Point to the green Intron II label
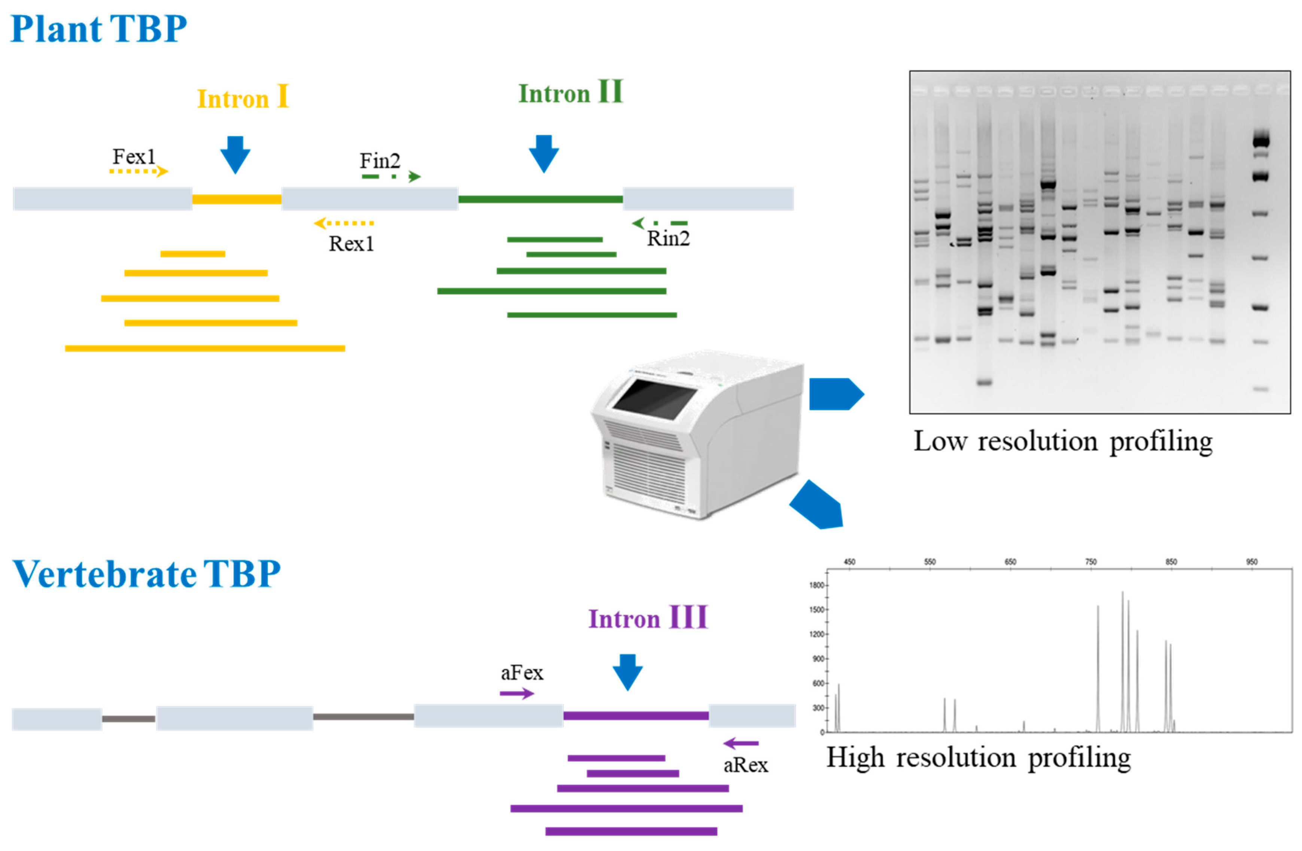pyautogui.click(x=570, y=92)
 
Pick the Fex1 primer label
pyautogui.click(x=134, y=157)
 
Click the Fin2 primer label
pyautogui.click(x=380, y=161)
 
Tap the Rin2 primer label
pyautogui.click(x=668, y=238)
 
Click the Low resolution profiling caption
pyautogui.click(x=1063, y=441)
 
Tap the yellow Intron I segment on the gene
pyautogui.click(x=236, y=199)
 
